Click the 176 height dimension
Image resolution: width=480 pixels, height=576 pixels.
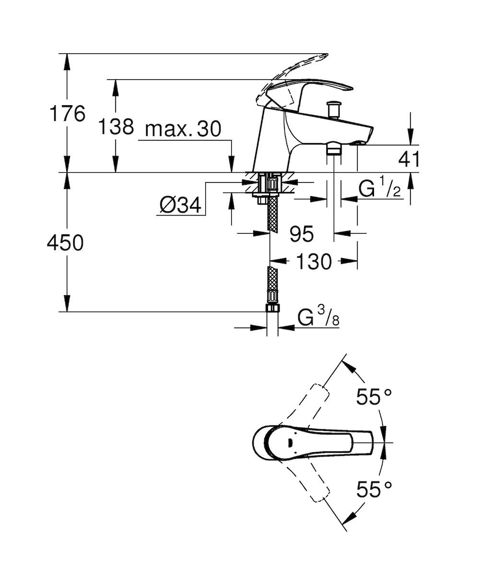pyautogui.click(x=67, y=114)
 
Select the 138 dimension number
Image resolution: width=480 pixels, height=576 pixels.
pyautogui.click(x=116, y=127)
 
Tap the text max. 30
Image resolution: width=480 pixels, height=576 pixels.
pyautogui.click(x=183, y=129)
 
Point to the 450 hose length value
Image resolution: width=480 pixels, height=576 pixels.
pyautogui.click(x=65, y=243)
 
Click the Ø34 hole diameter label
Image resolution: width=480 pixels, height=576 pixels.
pyautogui.click(x=180, y=205)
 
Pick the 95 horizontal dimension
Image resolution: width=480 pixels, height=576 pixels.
pyautogui.click(x=302, y=234)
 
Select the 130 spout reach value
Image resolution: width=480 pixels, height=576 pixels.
pyautogui.click(x=314, y=262)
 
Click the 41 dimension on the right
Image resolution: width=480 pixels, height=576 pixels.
pyautogui.click(x=409, y=159)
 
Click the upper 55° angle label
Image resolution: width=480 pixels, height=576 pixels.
pyautogui.click(x=374, y=396)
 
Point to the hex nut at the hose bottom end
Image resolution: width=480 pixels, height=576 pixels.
pyautogui.click(x=272, y=308)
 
